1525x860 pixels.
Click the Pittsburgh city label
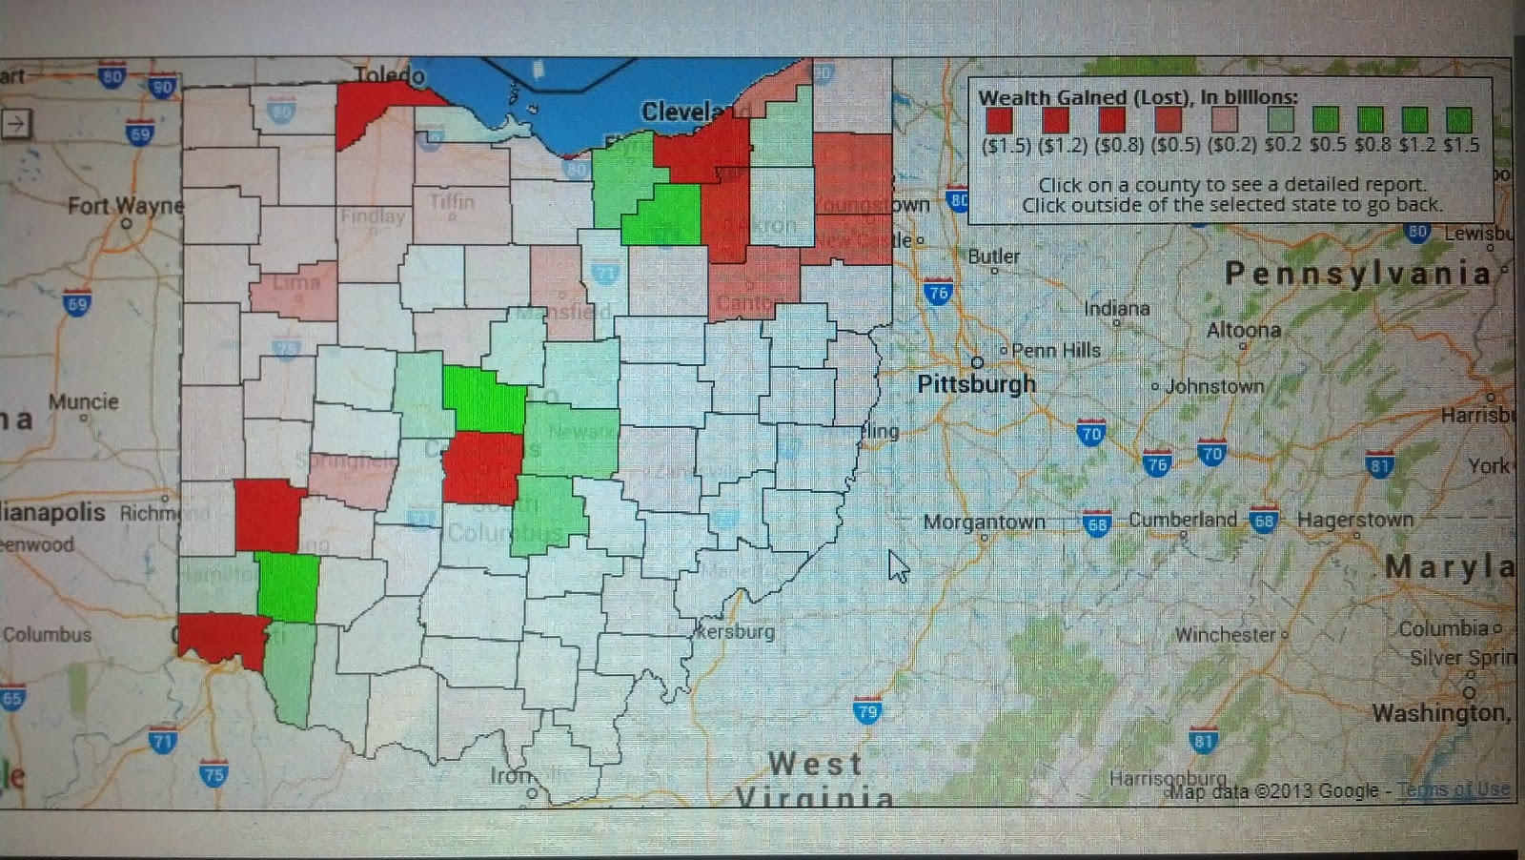[x=975, y=383]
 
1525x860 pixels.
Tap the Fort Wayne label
[x=125, y=205]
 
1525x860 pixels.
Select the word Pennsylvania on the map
[x=1357, y=274]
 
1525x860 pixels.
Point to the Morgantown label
[x=984, y=522]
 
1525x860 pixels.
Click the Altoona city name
[x=1243, y=330]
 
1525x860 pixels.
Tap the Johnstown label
[x=1213, y=386]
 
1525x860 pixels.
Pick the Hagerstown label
[x=1354, y=520]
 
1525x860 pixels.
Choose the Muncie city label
[x=83, y=401]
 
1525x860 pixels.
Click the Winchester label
[x=1225, y=634]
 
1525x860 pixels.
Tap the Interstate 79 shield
[x=866, y=711]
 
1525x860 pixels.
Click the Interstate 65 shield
[x=11, y=698]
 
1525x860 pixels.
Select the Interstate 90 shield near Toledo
[x=163, y=87]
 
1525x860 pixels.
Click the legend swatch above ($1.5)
[x=999, y=120]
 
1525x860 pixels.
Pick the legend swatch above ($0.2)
[x=1224, y=120]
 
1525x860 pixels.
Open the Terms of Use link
[x=1453, y=789]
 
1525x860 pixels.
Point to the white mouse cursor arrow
[x=897, y=565]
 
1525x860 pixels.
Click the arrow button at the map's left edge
[x=16, y=123]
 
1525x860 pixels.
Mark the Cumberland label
[x=1182, y=520]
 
